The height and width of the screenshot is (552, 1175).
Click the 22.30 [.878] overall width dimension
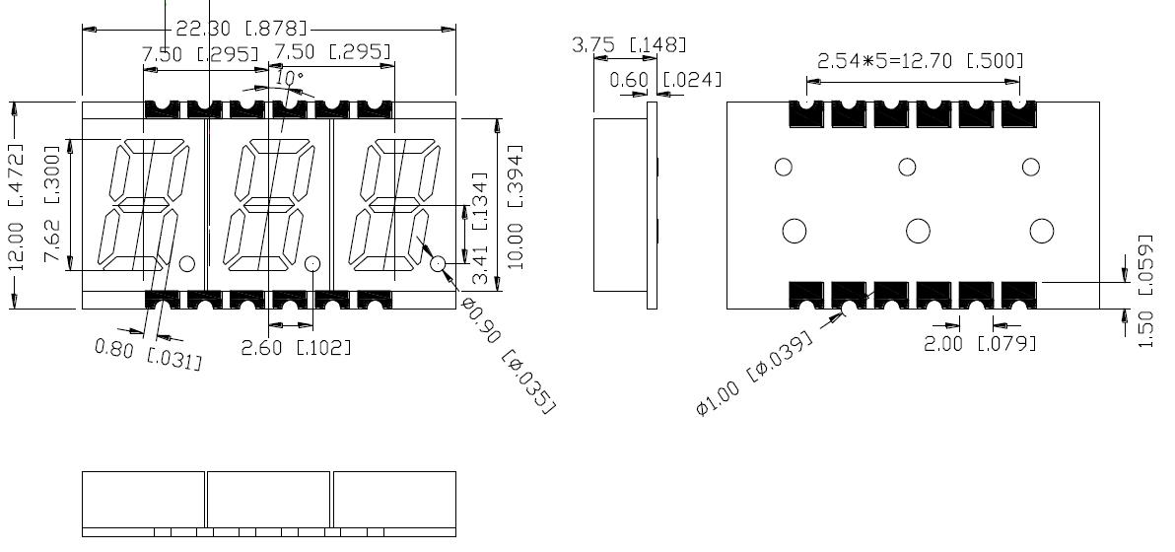[x=241, y=27]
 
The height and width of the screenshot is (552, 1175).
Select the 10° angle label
[x=289, y=77]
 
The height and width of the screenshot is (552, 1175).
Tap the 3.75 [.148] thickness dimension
[x=628, y=44]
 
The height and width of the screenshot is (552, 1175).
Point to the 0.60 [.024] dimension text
[x=665, y=79]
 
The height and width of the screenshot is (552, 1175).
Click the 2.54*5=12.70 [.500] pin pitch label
[x=920, y=61]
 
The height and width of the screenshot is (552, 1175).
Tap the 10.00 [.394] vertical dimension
[x=512, y=206]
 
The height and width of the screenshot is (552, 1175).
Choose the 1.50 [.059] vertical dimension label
[x=1144, y=290]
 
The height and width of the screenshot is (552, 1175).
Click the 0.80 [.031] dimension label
[x=149, y=353]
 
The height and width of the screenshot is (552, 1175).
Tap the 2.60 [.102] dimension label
[x=295, y=346]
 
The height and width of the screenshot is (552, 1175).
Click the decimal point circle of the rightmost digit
[x=439, y=264]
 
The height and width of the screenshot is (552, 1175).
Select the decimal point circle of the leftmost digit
[x=186, y=263]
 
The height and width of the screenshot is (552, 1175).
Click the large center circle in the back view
[x=918, y=231]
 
